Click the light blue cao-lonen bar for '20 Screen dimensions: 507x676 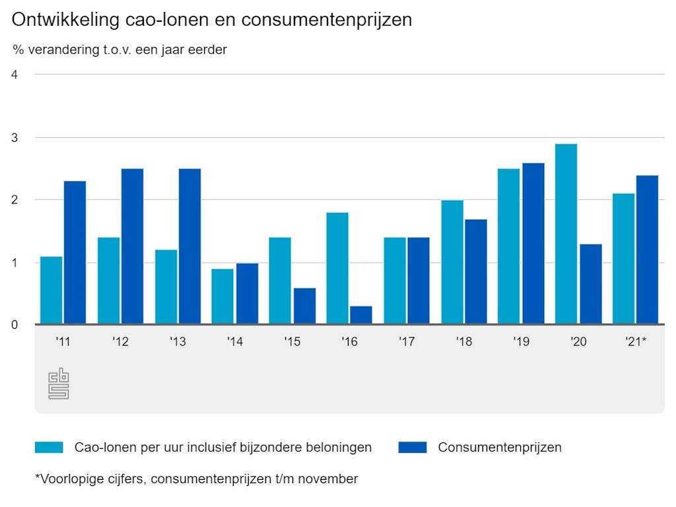[x=566, y=234]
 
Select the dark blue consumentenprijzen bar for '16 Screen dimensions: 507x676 [x=361, y=315]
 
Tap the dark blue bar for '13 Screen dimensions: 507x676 [x=189, y=246]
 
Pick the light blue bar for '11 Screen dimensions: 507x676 [x=51, y=290]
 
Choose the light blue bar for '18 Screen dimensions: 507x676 [x=452, y=262]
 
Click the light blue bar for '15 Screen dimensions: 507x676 [x=280, y=281]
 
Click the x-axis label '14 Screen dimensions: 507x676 [x=234, y=342]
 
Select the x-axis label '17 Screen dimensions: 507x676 [x=407, y=342]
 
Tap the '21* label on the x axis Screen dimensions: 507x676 [x=635, y=342]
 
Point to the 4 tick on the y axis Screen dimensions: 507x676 [x=15, y=75]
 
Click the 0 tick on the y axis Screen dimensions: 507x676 [x=15, y=325]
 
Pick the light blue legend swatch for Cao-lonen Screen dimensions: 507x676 [x=49, y=447]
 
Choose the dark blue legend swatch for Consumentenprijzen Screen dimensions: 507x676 [x=413, y=447]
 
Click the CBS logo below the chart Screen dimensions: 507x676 [x=59, y=384]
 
